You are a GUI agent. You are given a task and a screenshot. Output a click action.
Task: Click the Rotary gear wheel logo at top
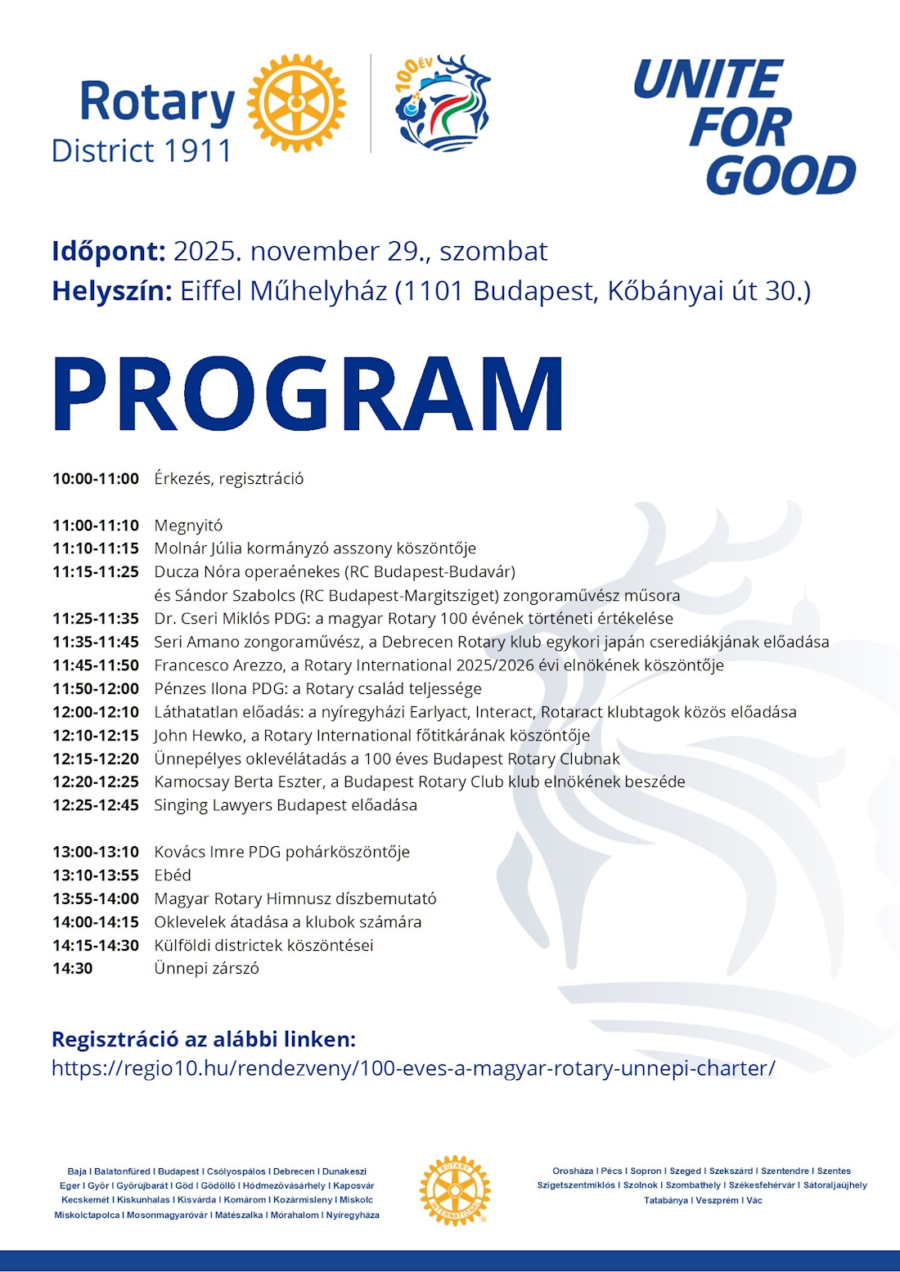point(296,104)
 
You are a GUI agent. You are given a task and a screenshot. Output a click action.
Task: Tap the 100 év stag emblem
point(443,104)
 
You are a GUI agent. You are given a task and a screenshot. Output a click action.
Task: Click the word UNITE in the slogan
point(709,80)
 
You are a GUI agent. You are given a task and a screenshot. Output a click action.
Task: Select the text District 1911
point(142,151)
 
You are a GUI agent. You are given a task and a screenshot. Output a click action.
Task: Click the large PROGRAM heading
point(308,394)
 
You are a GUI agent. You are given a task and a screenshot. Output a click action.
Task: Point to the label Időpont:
point(109,251)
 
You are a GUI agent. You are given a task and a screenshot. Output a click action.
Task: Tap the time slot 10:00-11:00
point(96,479)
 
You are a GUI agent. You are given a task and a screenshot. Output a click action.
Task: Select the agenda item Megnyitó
point(188,526)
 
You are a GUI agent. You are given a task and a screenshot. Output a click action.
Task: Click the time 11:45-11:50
point(96,665)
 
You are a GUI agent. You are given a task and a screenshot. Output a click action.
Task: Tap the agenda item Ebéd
point(173,876)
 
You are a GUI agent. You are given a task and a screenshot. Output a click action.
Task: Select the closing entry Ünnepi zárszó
point(206,969)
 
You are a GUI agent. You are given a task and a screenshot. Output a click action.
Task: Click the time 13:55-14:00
point(96,899)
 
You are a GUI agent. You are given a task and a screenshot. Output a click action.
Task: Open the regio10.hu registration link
point(413,1068)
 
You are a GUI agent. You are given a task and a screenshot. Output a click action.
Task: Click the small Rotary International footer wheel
point(455,1190)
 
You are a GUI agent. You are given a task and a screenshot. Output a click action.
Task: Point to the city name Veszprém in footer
point(717,1200)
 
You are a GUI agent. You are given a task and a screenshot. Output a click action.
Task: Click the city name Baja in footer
point(77,1171)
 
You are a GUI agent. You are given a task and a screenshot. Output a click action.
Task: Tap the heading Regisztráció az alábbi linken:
point(204,1040)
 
